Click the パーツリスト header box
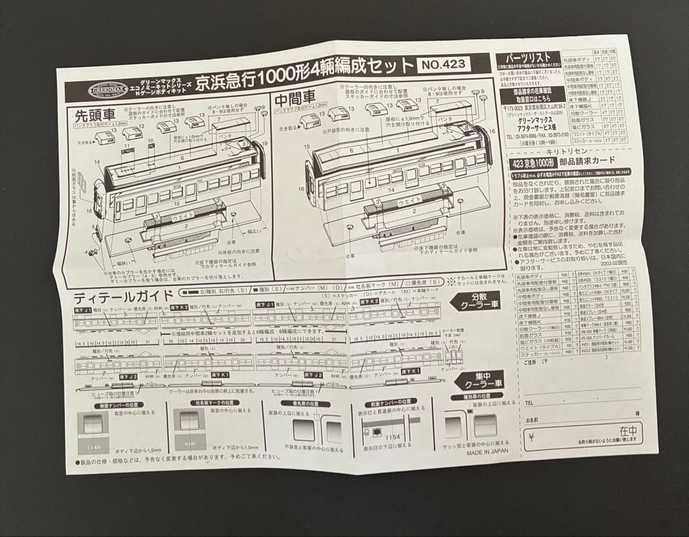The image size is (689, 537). [527, 59]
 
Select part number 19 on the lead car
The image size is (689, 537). [264, 144]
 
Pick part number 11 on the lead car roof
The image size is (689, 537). [127, 146]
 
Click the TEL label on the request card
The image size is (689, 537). [529, 403]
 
